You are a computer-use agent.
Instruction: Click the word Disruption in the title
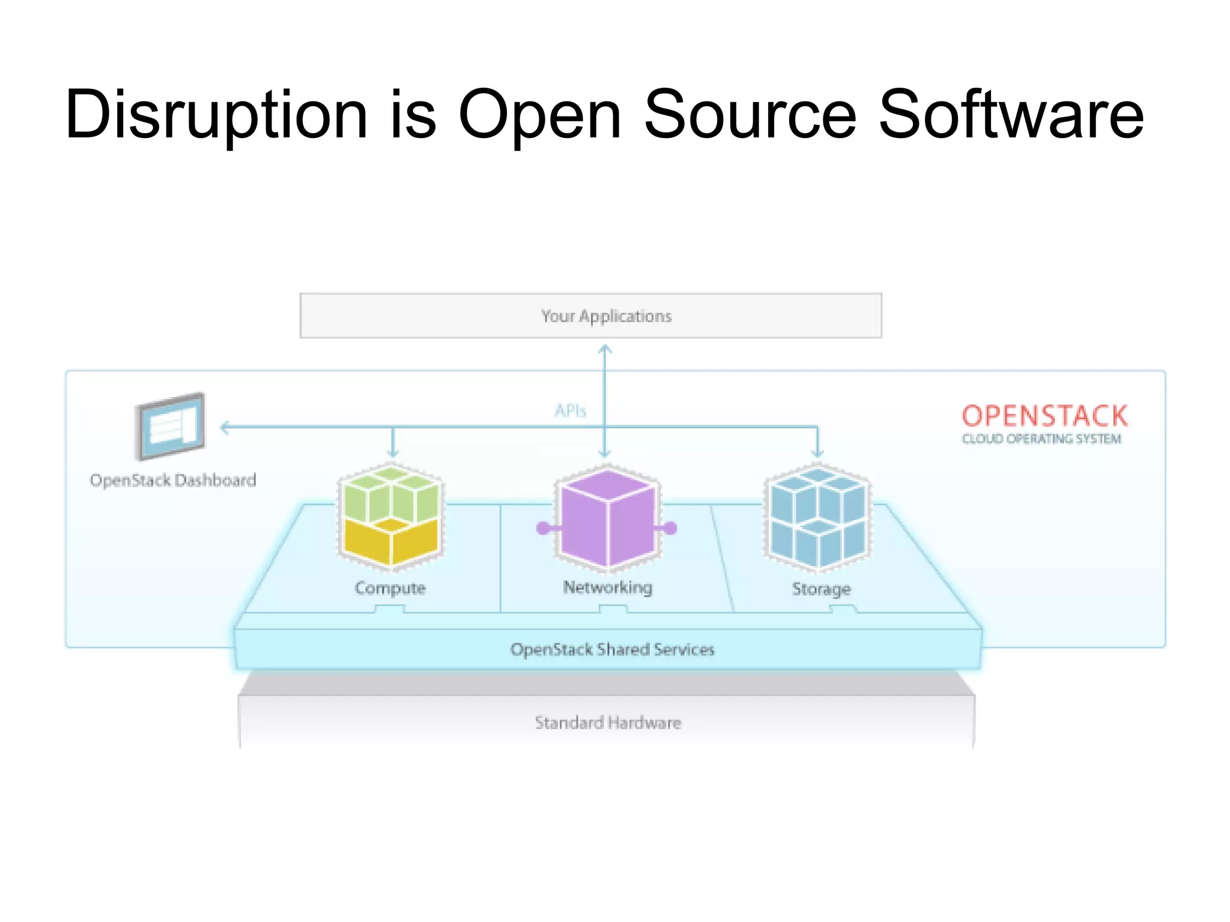click(x=216, y=115)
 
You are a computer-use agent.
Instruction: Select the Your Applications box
click(x=590, y=316)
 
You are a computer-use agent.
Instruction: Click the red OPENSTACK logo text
click(x=1044, y=416)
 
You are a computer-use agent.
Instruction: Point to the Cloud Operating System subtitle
click(x=1041, y=439)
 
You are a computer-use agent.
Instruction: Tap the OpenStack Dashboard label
click(x=173, y=481)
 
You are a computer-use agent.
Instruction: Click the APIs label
click(x=570, y=411)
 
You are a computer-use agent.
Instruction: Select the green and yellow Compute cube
click(x=391, y=517)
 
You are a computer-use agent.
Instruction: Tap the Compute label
click(x=390, y=588)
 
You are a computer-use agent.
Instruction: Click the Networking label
click(x=607, y=587)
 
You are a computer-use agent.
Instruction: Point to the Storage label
click(x=821, y=589)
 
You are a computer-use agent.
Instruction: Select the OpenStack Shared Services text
click(x=612, y=650)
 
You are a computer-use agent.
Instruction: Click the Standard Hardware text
click(x=608, y=723)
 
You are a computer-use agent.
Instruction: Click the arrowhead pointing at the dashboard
click(x=225, y=428)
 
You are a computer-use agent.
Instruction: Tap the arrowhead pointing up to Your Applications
click(x=605, y=348)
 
